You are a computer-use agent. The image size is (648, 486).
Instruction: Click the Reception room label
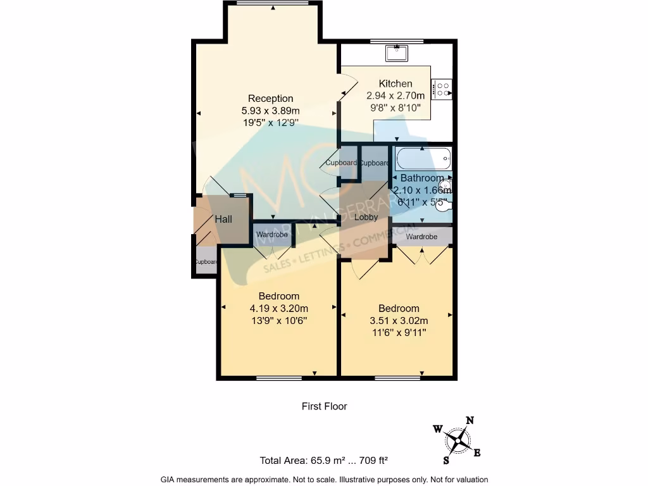[x=270, y=98]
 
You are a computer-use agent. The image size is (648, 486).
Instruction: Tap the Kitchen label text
[x=396, y=84]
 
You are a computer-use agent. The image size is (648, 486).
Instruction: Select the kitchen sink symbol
[x=397, y=53]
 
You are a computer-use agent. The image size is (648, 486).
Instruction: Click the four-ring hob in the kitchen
[x=442, y=89]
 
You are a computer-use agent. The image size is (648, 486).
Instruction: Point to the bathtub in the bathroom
[x=422, y=156]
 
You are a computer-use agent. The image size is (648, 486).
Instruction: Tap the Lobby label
[x=366, y=217]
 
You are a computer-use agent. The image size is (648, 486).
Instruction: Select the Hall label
[x=223, y=220]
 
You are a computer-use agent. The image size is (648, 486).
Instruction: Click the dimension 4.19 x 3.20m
[x=279, y=308]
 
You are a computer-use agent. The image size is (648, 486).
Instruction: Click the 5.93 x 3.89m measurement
[x=270, y=110]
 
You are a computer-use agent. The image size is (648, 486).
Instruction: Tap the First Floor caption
[x=324, y=406]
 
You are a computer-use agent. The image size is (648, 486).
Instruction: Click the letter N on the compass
[x=470, y=420]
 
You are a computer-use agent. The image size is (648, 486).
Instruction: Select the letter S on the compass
[x=446, y=459]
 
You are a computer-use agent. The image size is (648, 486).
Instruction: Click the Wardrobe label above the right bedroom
[x=421, y=237]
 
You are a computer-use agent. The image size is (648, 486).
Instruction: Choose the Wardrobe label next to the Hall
[x=271, y=235]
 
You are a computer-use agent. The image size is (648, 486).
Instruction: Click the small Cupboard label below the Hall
[x=206, y=262]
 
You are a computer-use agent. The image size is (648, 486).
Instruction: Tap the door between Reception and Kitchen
[x=347, y=85]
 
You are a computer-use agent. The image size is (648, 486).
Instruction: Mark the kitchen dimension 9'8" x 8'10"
[x=396, y=108]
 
